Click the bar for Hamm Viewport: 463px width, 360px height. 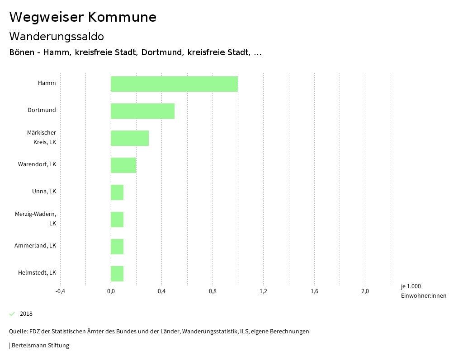pyautogui.click(x=174, y=84)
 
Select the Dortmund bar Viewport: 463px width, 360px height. pyautogui.click(x=142, y=111)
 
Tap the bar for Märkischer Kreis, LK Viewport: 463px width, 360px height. pyautogui.click(x=130, y=138)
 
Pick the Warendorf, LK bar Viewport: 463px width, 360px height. pyautogui.click(x=123, y=165)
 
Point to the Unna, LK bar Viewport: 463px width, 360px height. pyautogui.click(x=117, y=192)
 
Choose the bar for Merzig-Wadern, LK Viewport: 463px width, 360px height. pyautogui.click(x=117, y=220)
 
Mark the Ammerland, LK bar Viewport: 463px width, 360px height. pyautogui.click(x=117, y=247)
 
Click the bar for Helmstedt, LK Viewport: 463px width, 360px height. pyautogui.click(x=117, y=274)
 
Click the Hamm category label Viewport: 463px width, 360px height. pyautogui.click(x=47, y=83)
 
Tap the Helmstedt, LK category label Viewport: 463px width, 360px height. pyautogui.click(x=37, y=273)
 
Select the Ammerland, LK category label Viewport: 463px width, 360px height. pyautogui.click(x=35, y=246)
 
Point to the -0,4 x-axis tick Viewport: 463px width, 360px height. pyautogui.click(x=60, y=291)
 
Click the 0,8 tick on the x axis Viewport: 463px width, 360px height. pyautogui.click(x=213, y=291)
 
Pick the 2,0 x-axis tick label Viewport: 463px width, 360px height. pyautogui.click(x=365, y=291)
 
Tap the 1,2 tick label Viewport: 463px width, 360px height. pyautogui.click(x=264, y=291)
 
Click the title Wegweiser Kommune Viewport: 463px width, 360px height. pyautogui.click(x=83, y=17)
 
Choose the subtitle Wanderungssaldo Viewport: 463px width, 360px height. pyautogui.click(x=57, y=36)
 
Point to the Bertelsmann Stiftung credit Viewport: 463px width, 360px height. pyautogui.click(x=39, y=346)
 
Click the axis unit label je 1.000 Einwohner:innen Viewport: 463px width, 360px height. pyautogui.click(x=423, y=291)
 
